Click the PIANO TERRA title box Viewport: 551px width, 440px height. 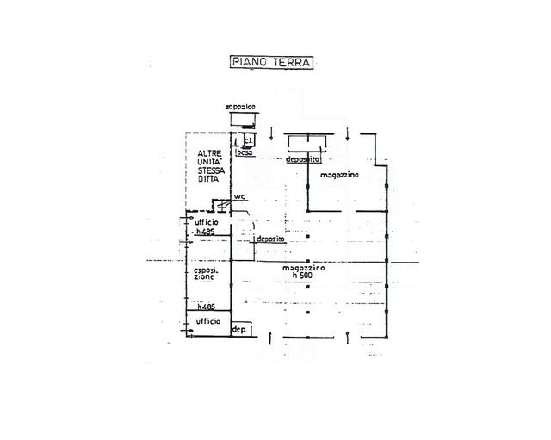271,62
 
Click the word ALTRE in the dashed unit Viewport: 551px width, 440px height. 207,153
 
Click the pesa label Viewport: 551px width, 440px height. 244,152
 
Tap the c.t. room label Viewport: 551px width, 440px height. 247,139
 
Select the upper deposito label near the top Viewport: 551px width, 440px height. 303,160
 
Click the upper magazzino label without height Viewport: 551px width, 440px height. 339,176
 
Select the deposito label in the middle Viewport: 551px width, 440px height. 282,239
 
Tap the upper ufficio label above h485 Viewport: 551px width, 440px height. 207,222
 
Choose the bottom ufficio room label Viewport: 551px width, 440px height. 207,321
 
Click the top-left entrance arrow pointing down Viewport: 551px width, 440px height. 272,132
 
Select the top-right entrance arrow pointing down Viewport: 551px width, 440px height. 346,132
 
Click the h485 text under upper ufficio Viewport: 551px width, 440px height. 205,232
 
